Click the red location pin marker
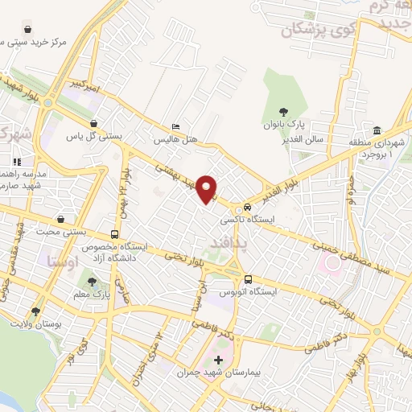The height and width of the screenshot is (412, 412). tap(208, 188)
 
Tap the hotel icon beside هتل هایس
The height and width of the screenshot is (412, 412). tap(176, 126)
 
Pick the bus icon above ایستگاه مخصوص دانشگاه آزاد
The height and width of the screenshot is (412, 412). tap(114, 235)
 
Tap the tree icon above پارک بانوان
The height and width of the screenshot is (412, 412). tap(282, 113)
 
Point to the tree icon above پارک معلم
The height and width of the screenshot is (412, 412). tap(92, 282)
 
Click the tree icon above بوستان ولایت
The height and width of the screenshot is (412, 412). tap(35, 311)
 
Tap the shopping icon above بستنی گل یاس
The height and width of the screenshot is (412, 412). tap(95, 123)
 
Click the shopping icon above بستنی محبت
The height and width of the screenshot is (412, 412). tap(60, 219)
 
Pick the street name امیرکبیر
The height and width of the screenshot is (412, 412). tap(83, 84)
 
